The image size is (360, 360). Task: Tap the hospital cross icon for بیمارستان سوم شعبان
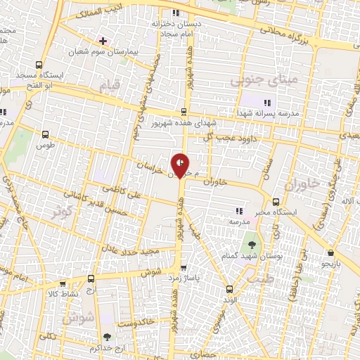pyautogui.click(x=103, y=41)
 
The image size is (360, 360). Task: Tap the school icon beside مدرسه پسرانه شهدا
pyautogui.click(x=266, y=103)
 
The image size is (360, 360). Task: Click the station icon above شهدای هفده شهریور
pyautogui.click(x=184, y=111)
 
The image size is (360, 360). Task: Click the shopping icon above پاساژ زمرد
pyautogui.click(x=184, y=267)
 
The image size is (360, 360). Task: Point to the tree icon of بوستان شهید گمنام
pyautogui.click(x=252, y=245)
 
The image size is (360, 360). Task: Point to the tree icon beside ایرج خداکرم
pyautogui.click(x=106, y=337)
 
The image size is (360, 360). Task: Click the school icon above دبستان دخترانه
pyautogui.click(x=176, y=13)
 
